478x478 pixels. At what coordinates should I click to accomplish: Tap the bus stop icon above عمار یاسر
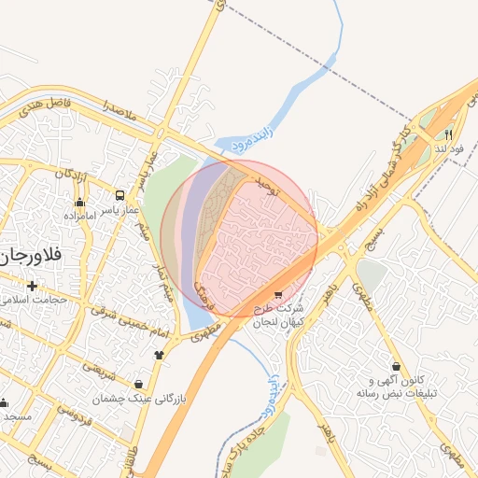(x=120, y=196)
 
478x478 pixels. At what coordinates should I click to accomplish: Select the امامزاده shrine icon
(x=79, y=202)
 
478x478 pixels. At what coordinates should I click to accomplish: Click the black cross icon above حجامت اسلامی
(x=33, y=286)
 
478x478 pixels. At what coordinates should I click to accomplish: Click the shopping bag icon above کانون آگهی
(x=398, y=366)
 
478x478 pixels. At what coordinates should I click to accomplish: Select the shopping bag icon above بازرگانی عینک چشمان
(x=139, y=384)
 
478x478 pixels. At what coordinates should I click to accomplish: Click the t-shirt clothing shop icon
(x=160, y=354)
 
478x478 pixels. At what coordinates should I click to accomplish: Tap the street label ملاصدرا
(x=120, y=112)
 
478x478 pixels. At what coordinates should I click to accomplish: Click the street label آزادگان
(x=71, y=174)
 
